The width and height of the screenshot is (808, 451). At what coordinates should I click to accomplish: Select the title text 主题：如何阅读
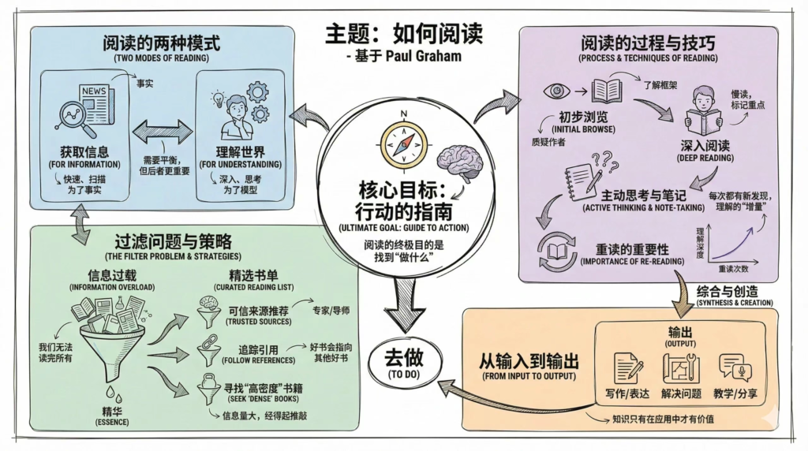403,35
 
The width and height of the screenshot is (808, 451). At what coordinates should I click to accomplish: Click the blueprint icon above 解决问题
680,368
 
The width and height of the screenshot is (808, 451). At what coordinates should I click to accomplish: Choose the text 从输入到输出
529,362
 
